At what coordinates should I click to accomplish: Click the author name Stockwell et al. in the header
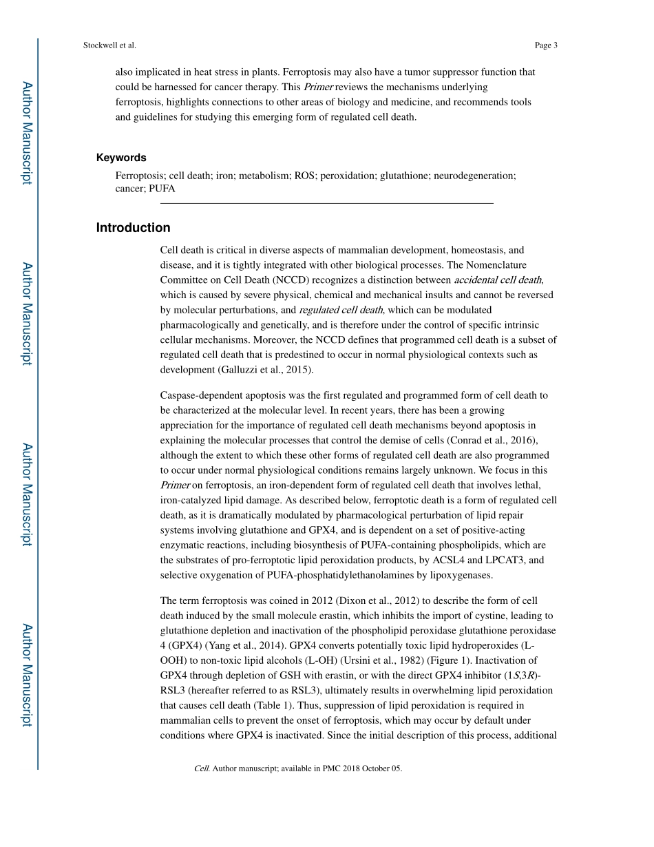[109, 45]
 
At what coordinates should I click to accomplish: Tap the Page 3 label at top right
[545, 45]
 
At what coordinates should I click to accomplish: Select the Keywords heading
[121, 158]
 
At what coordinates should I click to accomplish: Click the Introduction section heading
[133, 228]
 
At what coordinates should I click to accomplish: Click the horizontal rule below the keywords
[326, 203]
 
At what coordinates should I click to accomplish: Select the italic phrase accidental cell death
[498, 280]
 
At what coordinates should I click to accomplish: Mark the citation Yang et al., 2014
[238, 646]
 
